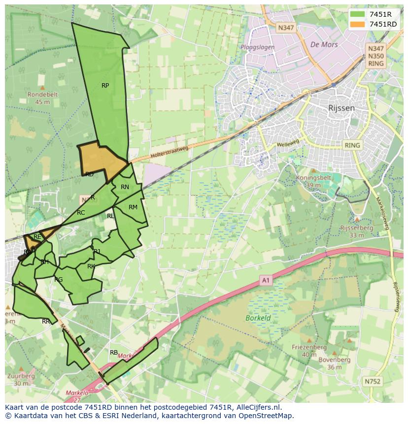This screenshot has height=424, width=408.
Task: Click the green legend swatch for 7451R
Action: tap(357, 14)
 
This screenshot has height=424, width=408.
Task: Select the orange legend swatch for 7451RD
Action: tap(357, 24)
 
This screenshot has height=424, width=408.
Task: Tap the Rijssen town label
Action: tap(341, 107)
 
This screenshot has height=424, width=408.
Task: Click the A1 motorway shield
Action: tap(266, 281)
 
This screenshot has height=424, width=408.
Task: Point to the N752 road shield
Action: tap(373, 381)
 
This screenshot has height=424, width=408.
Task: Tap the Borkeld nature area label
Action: tap(258, 318)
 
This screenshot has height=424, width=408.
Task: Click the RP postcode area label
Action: tap(105, 86)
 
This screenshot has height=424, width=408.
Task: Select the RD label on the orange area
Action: tap(89, 174)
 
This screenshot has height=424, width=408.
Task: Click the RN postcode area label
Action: tap(125, 187)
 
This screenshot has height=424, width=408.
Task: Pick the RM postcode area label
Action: tap(133, 207)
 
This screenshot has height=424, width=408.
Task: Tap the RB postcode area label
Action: tap(114, 353)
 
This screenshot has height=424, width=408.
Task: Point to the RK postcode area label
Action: tap(91, 266)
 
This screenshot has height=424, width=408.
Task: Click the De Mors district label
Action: tap(324, 44)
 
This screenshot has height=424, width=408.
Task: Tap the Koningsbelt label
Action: tap(313, 178)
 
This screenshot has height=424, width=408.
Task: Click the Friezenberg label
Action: tap(309, 347)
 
